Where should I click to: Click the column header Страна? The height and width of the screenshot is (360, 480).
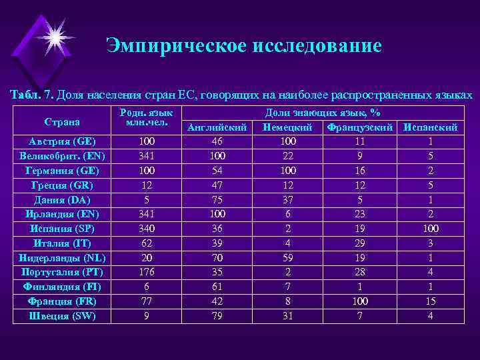[x=62, y=121]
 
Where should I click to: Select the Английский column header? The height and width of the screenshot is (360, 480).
[x=218, y=127]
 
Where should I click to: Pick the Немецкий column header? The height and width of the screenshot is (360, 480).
[x=287, y=127]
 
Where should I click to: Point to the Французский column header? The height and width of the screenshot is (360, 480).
[x=360, y=127]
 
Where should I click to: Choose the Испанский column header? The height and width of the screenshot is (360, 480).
[x=430, y=127]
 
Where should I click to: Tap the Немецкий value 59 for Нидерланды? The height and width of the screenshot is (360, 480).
[x=287, y=258]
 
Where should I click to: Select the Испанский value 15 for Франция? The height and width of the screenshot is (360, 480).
[x=430, y=301]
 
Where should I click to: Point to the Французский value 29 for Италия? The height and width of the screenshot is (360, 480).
[x=360, y=243]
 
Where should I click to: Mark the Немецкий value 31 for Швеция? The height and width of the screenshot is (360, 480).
[x=287, y=316]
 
